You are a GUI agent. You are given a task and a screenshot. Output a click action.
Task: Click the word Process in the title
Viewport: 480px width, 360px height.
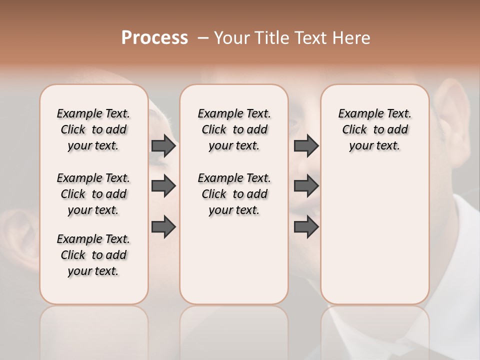[x=154, y=38]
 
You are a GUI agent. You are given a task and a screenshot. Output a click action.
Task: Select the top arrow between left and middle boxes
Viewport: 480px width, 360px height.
[x=163, y=146]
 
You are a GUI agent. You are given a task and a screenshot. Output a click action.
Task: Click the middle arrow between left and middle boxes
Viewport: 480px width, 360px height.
[x=163, y=186]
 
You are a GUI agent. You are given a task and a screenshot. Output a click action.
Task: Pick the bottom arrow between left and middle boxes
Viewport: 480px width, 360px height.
[x=163, y=226]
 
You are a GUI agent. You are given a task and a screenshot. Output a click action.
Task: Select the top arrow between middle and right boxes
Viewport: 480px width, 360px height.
[x=306, y=146]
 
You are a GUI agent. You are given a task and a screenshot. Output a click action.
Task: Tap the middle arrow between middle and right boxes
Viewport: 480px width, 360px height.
[x=306, y=186]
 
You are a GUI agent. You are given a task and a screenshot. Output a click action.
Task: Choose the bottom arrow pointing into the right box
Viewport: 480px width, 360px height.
[x=306, y=226]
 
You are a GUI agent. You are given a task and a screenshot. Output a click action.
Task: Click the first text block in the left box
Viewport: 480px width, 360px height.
[x=93, y=129]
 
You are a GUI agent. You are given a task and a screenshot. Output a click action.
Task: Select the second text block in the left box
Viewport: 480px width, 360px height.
[x=93, y=194]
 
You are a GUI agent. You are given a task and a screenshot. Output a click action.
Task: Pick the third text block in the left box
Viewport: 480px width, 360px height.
[x=93, y=255]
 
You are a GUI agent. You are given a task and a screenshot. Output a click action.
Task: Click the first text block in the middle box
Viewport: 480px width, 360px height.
[x=234, y=129]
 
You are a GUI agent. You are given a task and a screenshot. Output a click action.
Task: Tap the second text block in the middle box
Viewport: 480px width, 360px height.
[x=234, y=194]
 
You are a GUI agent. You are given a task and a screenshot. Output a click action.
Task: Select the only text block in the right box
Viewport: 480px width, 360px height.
[x=374, y=129]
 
